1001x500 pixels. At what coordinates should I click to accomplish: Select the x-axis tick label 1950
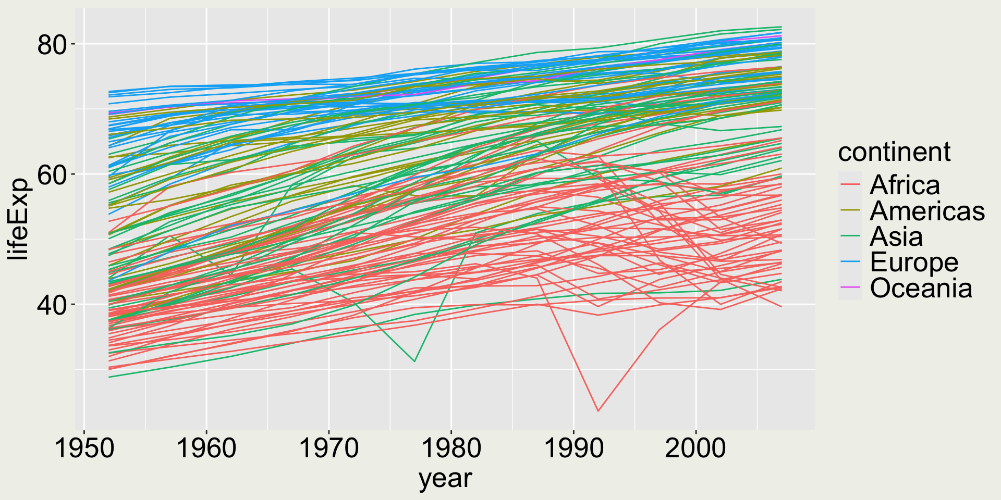(84, 448)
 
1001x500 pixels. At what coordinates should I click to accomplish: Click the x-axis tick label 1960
(206, 448)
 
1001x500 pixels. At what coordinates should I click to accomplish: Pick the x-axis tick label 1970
(329, 448)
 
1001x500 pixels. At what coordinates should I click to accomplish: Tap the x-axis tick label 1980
(451, 448)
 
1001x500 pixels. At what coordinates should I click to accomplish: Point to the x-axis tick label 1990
(573, 448)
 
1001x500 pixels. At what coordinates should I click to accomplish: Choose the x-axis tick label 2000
(695, 448)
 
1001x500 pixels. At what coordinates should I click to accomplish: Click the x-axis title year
(445, 478)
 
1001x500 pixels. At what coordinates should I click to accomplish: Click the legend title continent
(894, 152)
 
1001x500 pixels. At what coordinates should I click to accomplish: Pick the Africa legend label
(905, 185)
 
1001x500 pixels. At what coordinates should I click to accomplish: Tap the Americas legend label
(927, 211)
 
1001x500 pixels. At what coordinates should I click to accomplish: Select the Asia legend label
(896, 237)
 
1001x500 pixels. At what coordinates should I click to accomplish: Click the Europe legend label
(914, 262)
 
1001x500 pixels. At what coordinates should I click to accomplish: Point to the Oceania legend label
(921, 289)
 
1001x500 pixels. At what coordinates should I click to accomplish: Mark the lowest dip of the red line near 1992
(598, 411)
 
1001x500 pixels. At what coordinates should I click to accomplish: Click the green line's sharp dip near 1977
(414, 361)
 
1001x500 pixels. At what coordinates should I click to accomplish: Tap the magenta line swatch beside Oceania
(850, 289)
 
